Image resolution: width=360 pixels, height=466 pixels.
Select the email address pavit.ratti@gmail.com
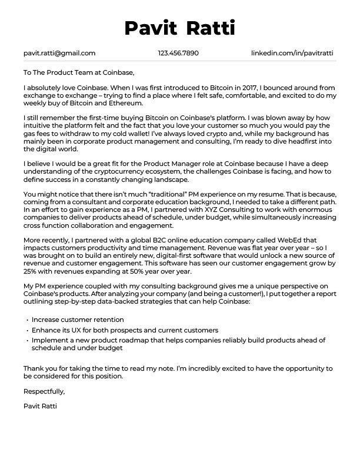[59, 53]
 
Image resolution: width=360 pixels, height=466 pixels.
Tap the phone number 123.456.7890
[178, 53]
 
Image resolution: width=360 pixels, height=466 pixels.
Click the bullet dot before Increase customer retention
[27, 321]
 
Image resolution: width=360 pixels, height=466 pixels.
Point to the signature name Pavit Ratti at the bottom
[40, 406]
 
